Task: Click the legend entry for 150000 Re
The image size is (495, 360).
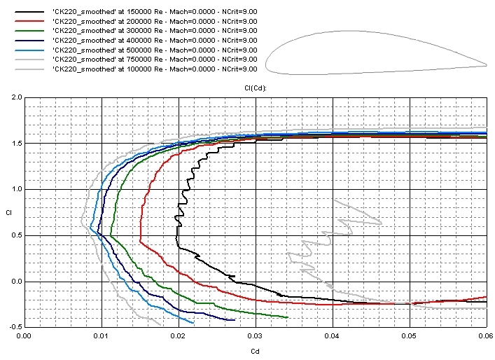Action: coord(154,12)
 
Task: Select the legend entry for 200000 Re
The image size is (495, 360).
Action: coord(154,21)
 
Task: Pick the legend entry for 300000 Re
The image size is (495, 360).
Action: coord(154,31)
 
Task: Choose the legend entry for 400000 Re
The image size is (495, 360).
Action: coord(154,40)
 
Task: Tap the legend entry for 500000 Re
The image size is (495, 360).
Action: coord(154,50)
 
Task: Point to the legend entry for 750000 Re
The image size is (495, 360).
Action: coord(154,59)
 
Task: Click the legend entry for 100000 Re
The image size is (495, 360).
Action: coord(154,69)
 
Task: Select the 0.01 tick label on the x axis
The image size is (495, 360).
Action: coord(102,337)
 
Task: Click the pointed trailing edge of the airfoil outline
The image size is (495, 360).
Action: coord(487,66)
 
